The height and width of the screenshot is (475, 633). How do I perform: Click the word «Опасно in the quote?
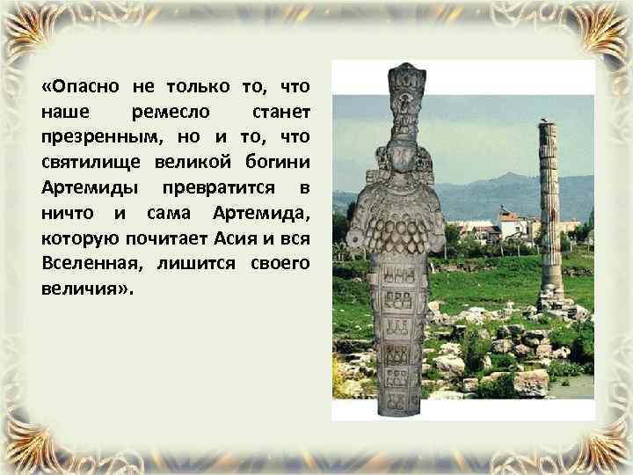pyautogui.click(x=81, y=86)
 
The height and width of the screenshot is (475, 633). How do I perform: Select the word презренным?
pyautogui.click(x=96, y=137)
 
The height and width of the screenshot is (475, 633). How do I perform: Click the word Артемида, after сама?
pyautogui.click(x=260, y=214)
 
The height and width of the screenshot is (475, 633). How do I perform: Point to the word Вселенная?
pyautogui.click(x=93, y=264)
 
